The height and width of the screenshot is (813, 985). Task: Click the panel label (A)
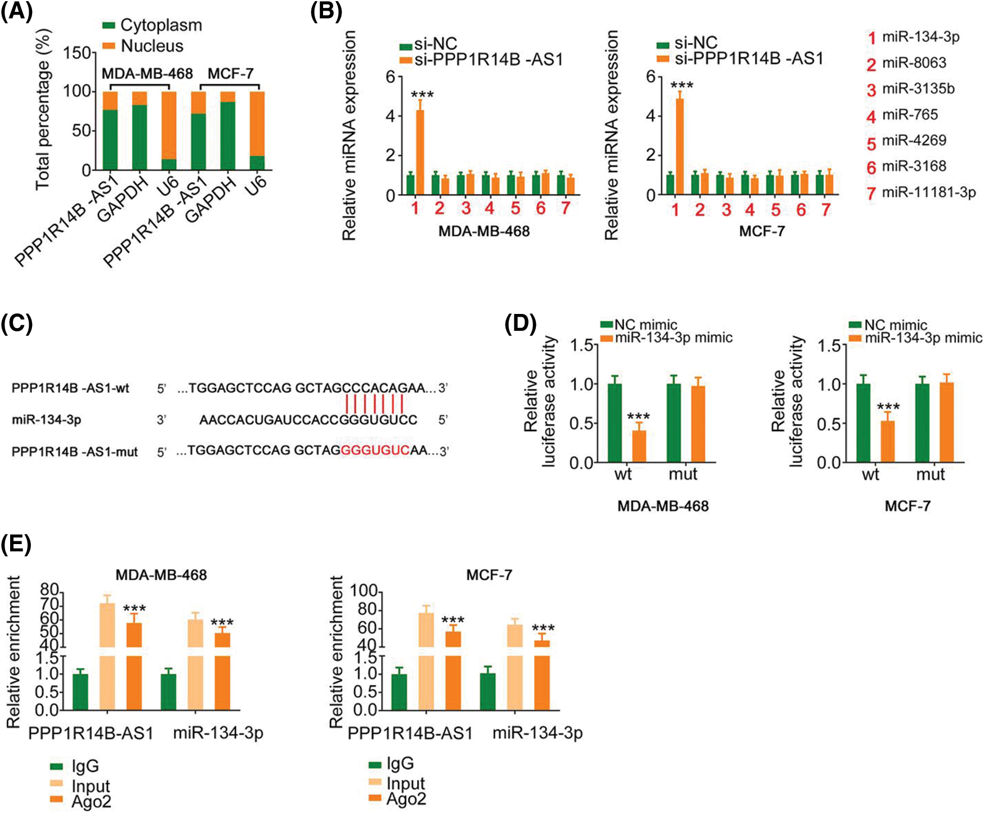16,12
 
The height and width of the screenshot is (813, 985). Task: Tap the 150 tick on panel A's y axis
77,53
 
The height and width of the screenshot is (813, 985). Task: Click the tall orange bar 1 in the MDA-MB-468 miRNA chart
420,152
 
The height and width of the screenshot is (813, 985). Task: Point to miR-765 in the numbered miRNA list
910,115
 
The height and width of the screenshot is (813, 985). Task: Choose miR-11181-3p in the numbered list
928,192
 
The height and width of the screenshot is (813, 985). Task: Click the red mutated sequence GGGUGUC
375,451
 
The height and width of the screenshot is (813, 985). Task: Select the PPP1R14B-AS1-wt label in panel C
70,388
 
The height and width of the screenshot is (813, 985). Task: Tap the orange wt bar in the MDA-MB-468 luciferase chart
639,446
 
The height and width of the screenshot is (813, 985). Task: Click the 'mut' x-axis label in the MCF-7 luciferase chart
930,474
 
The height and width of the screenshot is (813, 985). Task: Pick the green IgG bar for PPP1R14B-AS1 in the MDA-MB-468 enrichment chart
80,691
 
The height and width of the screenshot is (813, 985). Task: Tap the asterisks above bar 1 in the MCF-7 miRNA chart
682,86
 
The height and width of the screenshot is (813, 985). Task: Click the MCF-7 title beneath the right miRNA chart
761,231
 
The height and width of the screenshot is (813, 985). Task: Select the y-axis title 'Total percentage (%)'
44,110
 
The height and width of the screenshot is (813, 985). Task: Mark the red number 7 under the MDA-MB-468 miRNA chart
565,209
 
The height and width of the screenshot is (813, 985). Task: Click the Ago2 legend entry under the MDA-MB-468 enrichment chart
91,802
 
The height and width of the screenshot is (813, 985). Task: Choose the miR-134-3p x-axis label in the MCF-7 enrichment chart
538,733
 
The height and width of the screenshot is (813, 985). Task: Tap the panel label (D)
521,325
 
